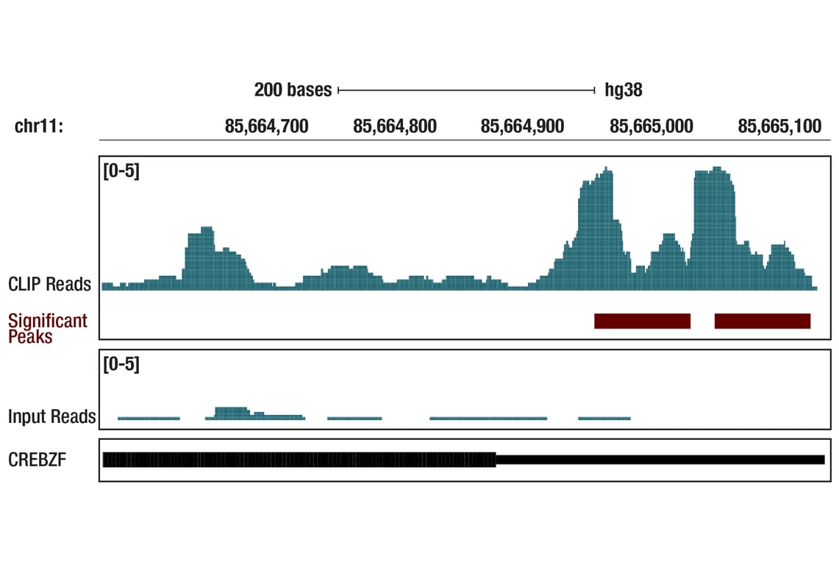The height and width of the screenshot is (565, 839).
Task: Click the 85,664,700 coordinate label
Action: coord(266,127)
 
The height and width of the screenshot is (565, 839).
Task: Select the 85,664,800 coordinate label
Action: coord(395,127)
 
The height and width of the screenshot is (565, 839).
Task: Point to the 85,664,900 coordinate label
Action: coord(522,127)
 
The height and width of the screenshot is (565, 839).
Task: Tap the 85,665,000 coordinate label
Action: coord(651,127)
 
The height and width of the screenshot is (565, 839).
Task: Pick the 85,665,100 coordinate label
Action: coord(779,127)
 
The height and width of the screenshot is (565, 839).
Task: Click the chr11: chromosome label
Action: coord(39,127)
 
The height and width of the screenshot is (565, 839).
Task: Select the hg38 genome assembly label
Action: coord(624,90)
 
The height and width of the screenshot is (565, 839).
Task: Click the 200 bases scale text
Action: coord(293,90)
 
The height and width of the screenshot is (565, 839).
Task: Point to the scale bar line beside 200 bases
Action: coord(466,90)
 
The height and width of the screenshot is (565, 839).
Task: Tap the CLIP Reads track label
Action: coord(49,284)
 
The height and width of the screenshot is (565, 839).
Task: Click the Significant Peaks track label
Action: coord(48,328)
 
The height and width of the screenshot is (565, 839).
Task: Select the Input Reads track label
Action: coord(51,416)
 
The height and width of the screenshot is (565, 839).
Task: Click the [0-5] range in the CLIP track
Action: coord(121,171)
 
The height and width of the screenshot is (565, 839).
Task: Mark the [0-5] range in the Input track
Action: coord(121,364)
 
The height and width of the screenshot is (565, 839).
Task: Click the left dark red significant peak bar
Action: coord(642,321)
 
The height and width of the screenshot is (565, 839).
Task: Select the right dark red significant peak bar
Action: coord(762,321)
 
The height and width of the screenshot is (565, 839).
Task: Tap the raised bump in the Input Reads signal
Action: coord(232,412)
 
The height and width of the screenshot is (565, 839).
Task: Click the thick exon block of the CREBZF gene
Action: coord(299,460)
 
